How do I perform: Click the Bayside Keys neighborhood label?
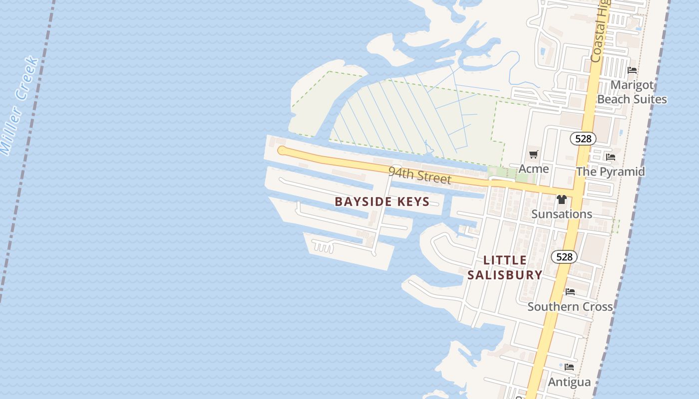tap(382, 201)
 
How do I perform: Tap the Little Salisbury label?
tap(505, 267)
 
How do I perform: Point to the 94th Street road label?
tap(419, 176)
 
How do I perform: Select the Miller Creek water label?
tap(19, 106)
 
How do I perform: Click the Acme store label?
tap(534, 169)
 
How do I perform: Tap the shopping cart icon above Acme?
tap(534, 154)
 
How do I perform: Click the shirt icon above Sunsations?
tap(562, 199)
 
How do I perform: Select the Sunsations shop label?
tap(562, 214)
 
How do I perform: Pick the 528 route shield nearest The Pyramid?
tap(583, 139)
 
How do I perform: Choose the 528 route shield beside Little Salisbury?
tap(564, 257)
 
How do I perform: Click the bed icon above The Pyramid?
tap(610, 157)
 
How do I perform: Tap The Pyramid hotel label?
tap(610, 172)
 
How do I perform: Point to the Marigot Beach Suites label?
tap(632, 92)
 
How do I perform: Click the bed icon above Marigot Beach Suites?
tap(632, 70)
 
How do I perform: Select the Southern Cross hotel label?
tap(570, 306)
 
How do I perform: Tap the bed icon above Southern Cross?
tap(570, 292)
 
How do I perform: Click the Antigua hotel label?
tap(569, 382)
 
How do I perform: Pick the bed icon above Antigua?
tap(569, 368)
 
